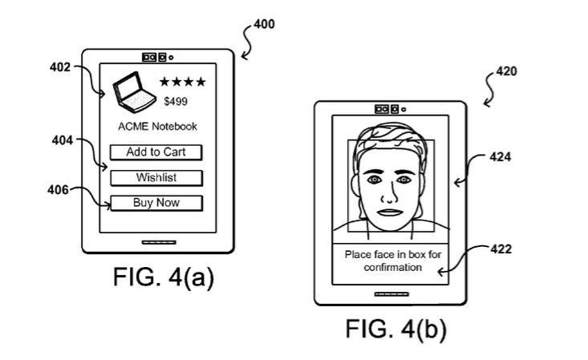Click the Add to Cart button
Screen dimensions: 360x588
(156, 152)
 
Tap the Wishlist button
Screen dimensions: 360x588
(156, 177)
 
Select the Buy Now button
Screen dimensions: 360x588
(156, 203)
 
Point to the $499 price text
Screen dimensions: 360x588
(176, 102)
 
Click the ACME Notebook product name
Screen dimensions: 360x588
(157, 126)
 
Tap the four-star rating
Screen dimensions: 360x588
(182, 82)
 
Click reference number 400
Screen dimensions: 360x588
(264, 24)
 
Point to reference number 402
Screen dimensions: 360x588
(60, 67)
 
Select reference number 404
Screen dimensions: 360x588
(62, 140)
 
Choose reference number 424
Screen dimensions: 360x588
(501, 157)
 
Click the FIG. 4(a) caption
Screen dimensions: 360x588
(162, 277)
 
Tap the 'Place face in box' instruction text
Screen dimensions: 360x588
(393, 261)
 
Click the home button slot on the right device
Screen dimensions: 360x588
(390, 294)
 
